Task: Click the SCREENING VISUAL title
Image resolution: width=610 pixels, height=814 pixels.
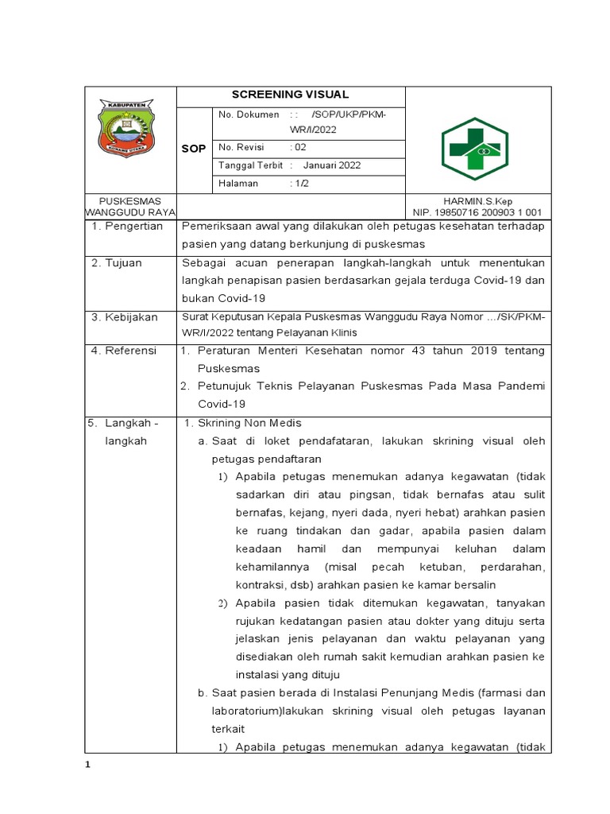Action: (290, 95)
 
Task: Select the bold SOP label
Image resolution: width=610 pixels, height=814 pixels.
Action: (194, 149)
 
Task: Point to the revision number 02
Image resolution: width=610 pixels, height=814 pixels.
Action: (299, 147)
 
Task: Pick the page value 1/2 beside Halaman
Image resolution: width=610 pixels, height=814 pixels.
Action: (300, 184)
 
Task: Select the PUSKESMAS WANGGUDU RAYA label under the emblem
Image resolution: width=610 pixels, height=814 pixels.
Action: (130, 207)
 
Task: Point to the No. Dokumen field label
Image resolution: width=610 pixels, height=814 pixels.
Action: (248, 115)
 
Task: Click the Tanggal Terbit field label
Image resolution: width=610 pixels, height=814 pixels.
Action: (250, 165)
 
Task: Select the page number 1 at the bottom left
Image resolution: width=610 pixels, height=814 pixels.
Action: (89, 765)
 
